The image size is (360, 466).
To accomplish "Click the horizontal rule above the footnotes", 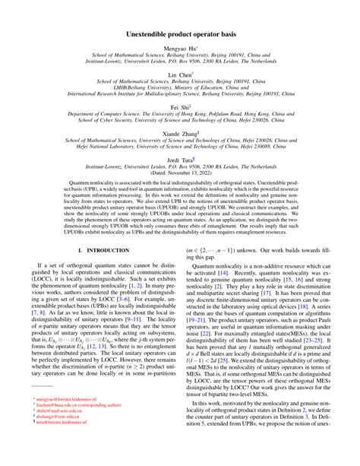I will [x=53, y=409].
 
